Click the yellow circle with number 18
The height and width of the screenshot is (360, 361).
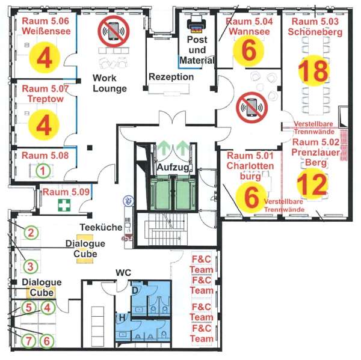[x=314, y=70]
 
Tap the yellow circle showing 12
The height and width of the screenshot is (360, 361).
[x=312, y=183]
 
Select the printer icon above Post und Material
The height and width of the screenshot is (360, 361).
[x=196, y=25]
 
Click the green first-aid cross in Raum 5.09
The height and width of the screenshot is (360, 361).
[x=64, y=205]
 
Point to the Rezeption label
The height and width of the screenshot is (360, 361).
[x=171, y=77]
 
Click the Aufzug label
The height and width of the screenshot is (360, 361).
[x=173, y=167]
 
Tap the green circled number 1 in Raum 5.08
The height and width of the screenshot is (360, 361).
[x=43, y=171]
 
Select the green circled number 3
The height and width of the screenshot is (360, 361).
[x=31, y=267]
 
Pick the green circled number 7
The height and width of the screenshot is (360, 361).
[x=28, y=341]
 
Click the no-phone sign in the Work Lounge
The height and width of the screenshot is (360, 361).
[x=114, y=31]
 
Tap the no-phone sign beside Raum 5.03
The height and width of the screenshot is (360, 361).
[x=252, y=107]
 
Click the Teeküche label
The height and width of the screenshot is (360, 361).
[x=101, y=227]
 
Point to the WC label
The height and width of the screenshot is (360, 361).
[x=123, y=273]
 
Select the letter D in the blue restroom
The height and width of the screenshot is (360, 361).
[x=135, y=290]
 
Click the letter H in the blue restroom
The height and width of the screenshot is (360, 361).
[x=122, y=318]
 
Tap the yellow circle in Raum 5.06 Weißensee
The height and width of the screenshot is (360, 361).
[x=45, y=58]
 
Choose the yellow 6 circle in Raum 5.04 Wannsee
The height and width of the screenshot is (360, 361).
[x=248, y=50]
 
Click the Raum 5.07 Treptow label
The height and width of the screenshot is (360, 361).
[x=45, y=94]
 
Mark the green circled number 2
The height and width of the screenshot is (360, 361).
[x=31, y=233]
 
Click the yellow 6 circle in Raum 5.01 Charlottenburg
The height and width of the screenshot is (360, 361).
[x=251, y=197]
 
